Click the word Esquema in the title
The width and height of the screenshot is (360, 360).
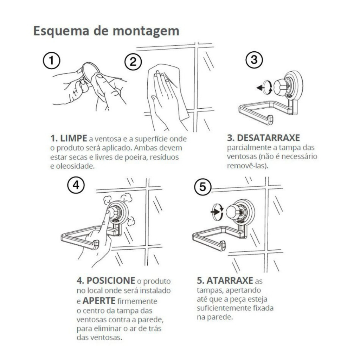tap(61, 31)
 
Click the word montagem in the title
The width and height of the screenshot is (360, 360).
tap(146, 31)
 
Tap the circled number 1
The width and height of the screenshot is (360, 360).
tap(51, 60)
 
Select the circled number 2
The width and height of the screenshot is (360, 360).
tap(133, 62)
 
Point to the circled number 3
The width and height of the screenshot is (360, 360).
tap(254, 60)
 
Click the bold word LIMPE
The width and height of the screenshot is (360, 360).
tap(73, 139)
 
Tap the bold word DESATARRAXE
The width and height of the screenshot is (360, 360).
tap(268, 138)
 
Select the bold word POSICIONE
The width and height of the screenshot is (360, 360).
tap(111, 281)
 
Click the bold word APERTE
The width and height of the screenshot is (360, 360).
tap(99, 301)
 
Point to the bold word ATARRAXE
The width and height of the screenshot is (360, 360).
tap(230, 281)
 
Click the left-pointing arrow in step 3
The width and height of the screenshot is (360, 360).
tap(260, 88)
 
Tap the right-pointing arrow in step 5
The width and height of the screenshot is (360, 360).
tap(216, 211)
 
